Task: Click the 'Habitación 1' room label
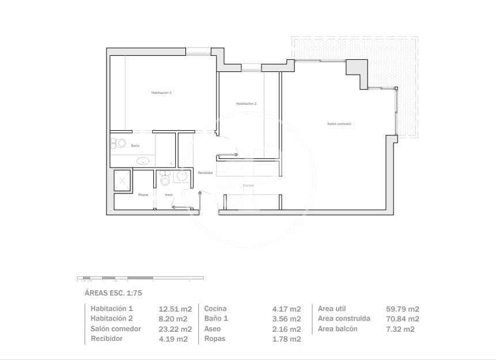[x=161, y=93]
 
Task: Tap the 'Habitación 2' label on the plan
[x=246, y=104]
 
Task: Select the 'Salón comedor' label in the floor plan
[x=339, y=124]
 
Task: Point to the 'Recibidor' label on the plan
[x=206, y=173]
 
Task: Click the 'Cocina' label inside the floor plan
[x=248, y=185]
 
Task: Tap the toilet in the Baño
[x=119, y=143]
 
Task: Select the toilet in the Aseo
[x=166, y=180]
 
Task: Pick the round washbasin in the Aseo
[x=181, y=176]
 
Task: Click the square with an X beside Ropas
[x=123, y=180]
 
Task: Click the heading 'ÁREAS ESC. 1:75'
[x=113, y=293]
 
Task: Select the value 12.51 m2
[x=173, y=309]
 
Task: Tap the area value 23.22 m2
[x=173, y=329]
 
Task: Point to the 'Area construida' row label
[x=344, y=319]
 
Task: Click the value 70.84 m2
[x=402, y=319]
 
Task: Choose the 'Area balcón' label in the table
[x=338, y=329]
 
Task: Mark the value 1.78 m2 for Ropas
[x=286, y=339]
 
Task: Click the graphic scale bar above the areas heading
[x=140, y=278]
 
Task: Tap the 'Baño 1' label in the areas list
[x=216, y=319]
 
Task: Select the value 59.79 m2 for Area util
[x=402, y=309]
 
